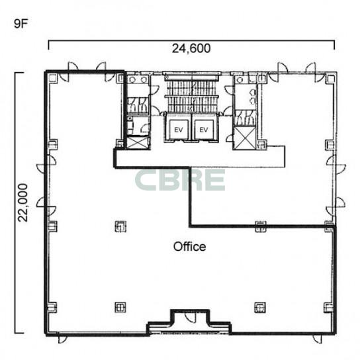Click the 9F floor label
(x=21, y=24)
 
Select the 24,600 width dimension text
(x=191, y=48)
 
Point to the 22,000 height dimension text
(x=22, y=202)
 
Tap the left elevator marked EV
(x=179, y=130)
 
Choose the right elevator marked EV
(x=204, y=130)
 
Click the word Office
(x=190, y=247)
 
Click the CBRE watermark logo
(x=180, y=180)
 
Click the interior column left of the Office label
(x=120, y=226)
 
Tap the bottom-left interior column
(x=120, y=307)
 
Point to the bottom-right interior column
(x=260, y=307)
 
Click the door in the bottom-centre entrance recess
(x=190, y=317)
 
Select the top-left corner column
(x=52, y=78)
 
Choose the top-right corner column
(x=331, y=79)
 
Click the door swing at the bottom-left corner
(x=62, y=339)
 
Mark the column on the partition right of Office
(x=261, y=226)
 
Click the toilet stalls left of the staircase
(x=138, y=105)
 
